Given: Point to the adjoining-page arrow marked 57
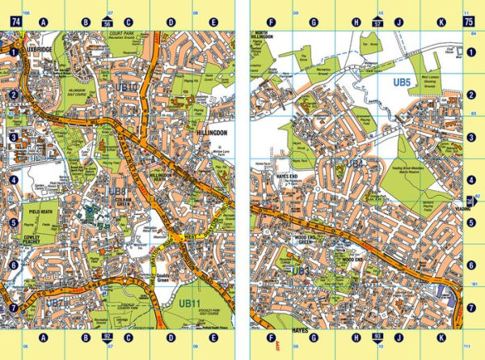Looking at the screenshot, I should [377, 23].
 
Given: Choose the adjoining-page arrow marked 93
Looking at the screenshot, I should [377, 335].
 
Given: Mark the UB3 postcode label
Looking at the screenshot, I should [301, 270].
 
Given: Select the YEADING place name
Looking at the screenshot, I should [462, 205].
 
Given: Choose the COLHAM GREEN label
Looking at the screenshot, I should [120, 202].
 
